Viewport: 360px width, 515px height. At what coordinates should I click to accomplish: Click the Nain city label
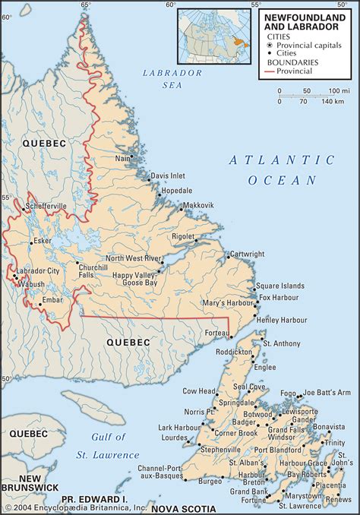tap(122, 158)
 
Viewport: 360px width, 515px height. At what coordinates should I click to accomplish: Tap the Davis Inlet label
tap(167, 175)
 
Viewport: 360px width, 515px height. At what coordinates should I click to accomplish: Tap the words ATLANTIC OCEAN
tap(282, 169)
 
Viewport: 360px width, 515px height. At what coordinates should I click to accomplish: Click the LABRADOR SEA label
tap(172, 79)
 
